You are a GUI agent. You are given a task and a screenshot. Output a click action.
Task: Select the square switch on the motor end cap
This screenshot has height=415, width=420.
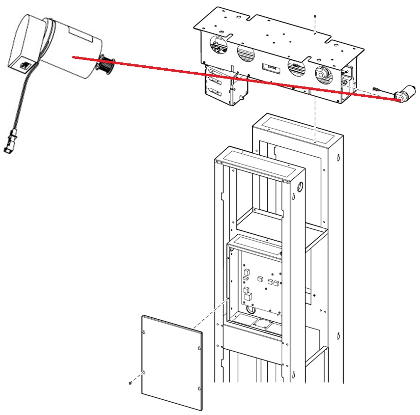(23, 64)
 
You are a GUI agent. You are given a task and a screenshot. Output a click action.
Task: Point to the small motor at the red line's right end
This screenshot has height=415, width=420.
(405, 96)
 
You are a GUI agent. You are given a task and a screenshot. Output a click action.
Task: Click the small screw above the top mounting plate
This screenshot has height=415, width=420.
(314, 17)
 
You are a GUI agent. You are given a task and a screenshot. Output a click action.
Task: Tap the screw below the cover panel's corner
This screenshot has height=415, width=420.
(129, 382)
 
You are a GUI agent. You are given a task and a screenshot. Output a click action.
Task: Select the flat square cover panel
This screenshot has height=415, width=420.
(171, 362)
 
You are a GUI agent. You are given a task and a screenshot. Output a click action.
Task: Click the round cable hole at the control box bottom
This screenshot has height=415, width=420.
(251, 310)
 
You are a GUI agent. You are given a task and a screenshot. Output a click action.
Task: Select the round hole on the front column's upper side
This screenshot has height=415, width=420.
(301, 187)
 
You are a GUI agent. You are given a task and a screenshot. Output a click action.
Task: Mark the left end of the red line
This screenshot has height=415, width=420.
(73, 57)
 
